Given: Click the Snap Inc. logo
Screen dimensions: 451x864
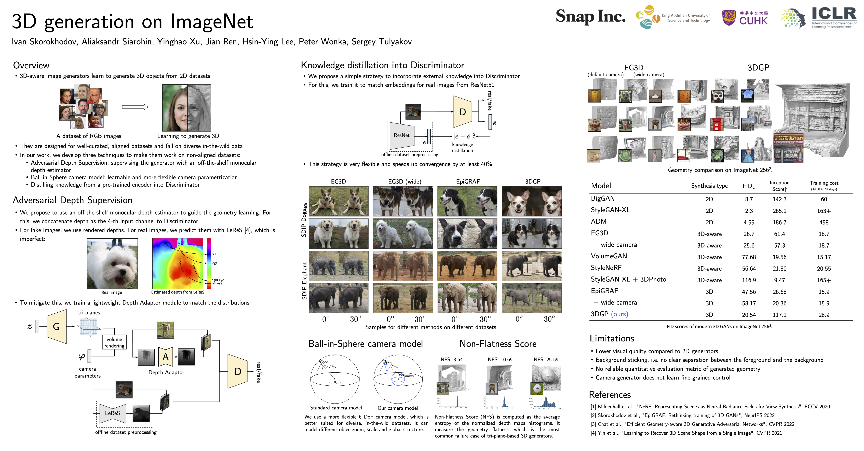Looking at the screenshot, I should click(x=590, y=16).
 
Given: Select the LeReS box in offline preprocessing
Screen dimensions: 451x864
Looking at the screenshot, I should click(x=112, y=413).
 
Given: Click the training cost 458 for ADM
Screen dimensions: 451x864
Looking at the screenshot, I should click(x=823, y=222).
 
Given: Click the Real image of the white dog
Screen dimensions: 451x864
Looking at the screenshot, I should click(x=112, y=264).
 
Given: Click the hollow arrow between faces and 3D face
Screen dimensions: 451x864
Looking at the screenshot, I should click(x=135, y=107).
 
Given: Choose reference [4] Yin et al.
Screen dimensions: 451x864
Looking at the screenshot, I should click(x=686, y=433).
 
